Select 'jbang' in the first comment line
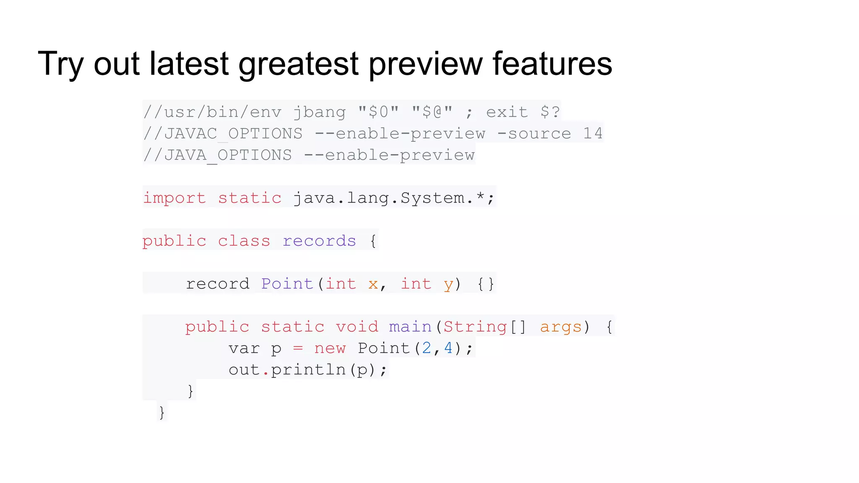(x=319, y=112)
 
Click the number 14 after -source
(x=593, y=134)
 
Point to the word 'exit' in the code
(x=507, y=112)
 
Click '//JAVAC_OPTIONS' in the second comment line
(x=223, y=134)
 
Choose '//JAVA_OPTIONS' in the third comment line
(x=217, y=155)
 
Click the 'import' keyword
(x=174, y=198)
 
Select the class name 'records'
(x=319, y=241)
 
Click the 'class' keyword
(x=244, y=241)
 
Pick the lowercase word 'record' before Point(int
(x=218, y=284)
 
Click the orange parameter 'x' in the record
(x=373, y=284)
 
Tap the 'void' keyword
(x=357, y=327)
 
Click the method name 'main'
(x=410, y=327)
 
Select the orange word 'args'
(x=561, y=327)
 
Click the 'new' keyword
(x=330, y=348)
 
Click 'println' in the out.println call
(x=308, y=370)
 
